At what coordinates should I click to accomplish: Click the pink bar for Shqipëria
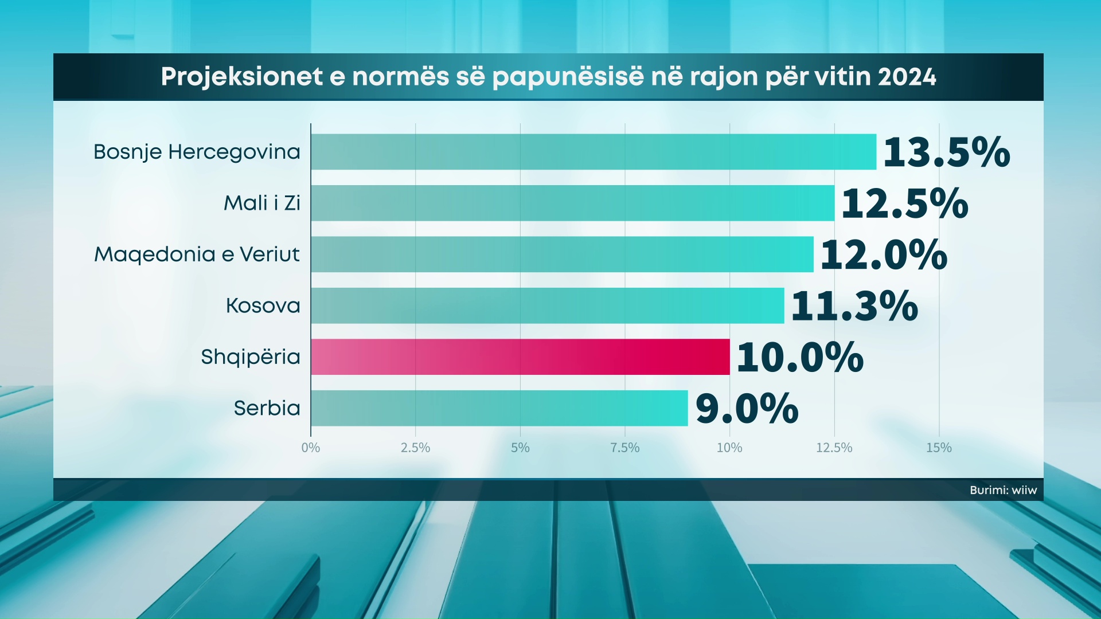pos(520,356)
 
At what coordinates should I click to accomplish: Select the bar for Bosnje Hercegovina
pos(594,152)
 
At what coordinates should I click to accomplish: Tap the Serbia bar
pos(499,408)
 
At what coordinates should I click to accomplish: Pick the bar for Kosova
pos(547,305)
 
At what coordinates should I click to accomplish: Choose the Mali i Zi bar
pos(572,203)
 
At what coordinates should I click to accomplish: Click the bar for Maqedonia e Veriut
pos(562,254)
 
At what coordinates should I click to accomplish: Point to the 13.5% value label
pos(946,152)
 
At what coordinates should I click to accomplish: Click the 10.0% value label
pos(799,357)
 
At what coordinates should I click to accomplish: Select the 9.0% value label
pos(747,409)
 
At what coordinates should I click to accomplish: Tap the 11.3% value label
pos(854,306)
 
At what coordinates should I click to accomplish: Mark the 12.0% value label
pos(883,254)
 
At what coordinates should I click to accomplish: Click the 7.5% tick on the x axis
pos(624,448)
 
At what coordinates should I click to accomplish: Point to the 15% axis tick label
pos(939,448)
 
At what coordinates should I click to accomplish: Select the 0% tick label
pos(311,448)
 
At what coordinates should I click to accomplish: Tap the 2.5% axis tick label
pos(415,448)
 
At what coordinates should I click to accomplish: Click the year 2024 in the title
pos(907,77)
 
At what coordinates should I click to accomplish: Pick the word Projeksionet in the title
pos(241,77)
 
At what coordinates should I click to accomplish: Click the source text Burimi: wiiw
pos(1003,490)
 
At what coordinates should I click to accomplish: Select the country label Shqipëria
pos(251,357)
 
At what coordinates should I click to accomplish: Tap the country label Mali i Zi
pos(262,203)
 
